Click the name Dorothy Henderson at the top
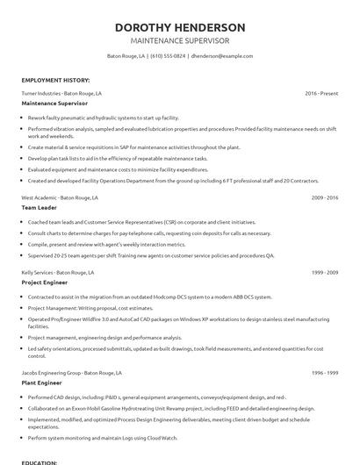tap(180, 27)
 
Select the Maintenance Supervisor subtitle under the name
tap(180, 41)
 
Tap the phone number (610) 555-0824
tap(167, 56)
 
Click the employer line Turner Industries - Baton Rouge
tap(61, 92)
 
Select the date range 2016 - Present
tap(321, 92)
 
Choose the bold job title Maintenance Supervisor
tap(58, 103)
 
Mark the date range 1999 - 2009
tap(325, 274)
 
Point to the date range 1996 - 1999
tap(325, 374)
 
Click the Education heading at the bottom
tap(40, 461)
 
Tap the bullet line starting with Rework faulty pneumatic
tap(104, 117)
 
